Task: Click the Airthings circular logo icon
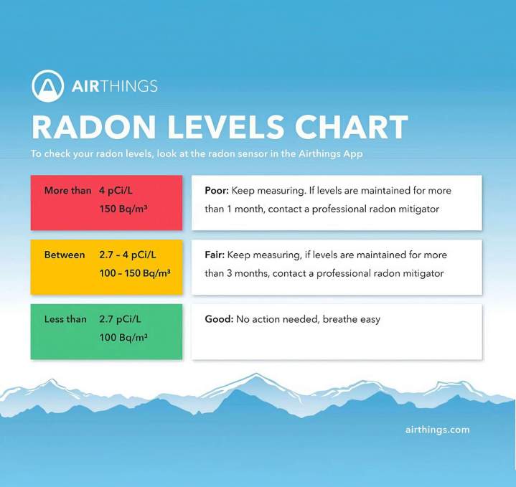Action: click(x=47, y=86)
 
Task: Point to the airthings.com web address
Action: click(x=436, y=430)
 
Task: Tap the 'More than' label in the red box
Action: click(x=67, y=191)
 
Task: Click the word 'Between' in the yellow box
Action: click(x=65, y=255)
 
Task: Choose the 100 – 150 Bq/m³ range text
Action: click(x=135, y=273)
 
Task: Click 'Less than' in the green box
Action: click(x=65, y=319)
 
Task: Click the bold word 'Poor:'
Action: click(x=215, y=192)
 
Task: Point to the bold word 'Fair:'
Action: click(x=215, y=255)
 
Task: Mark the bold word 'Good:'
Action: click(x=218, y=319)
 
